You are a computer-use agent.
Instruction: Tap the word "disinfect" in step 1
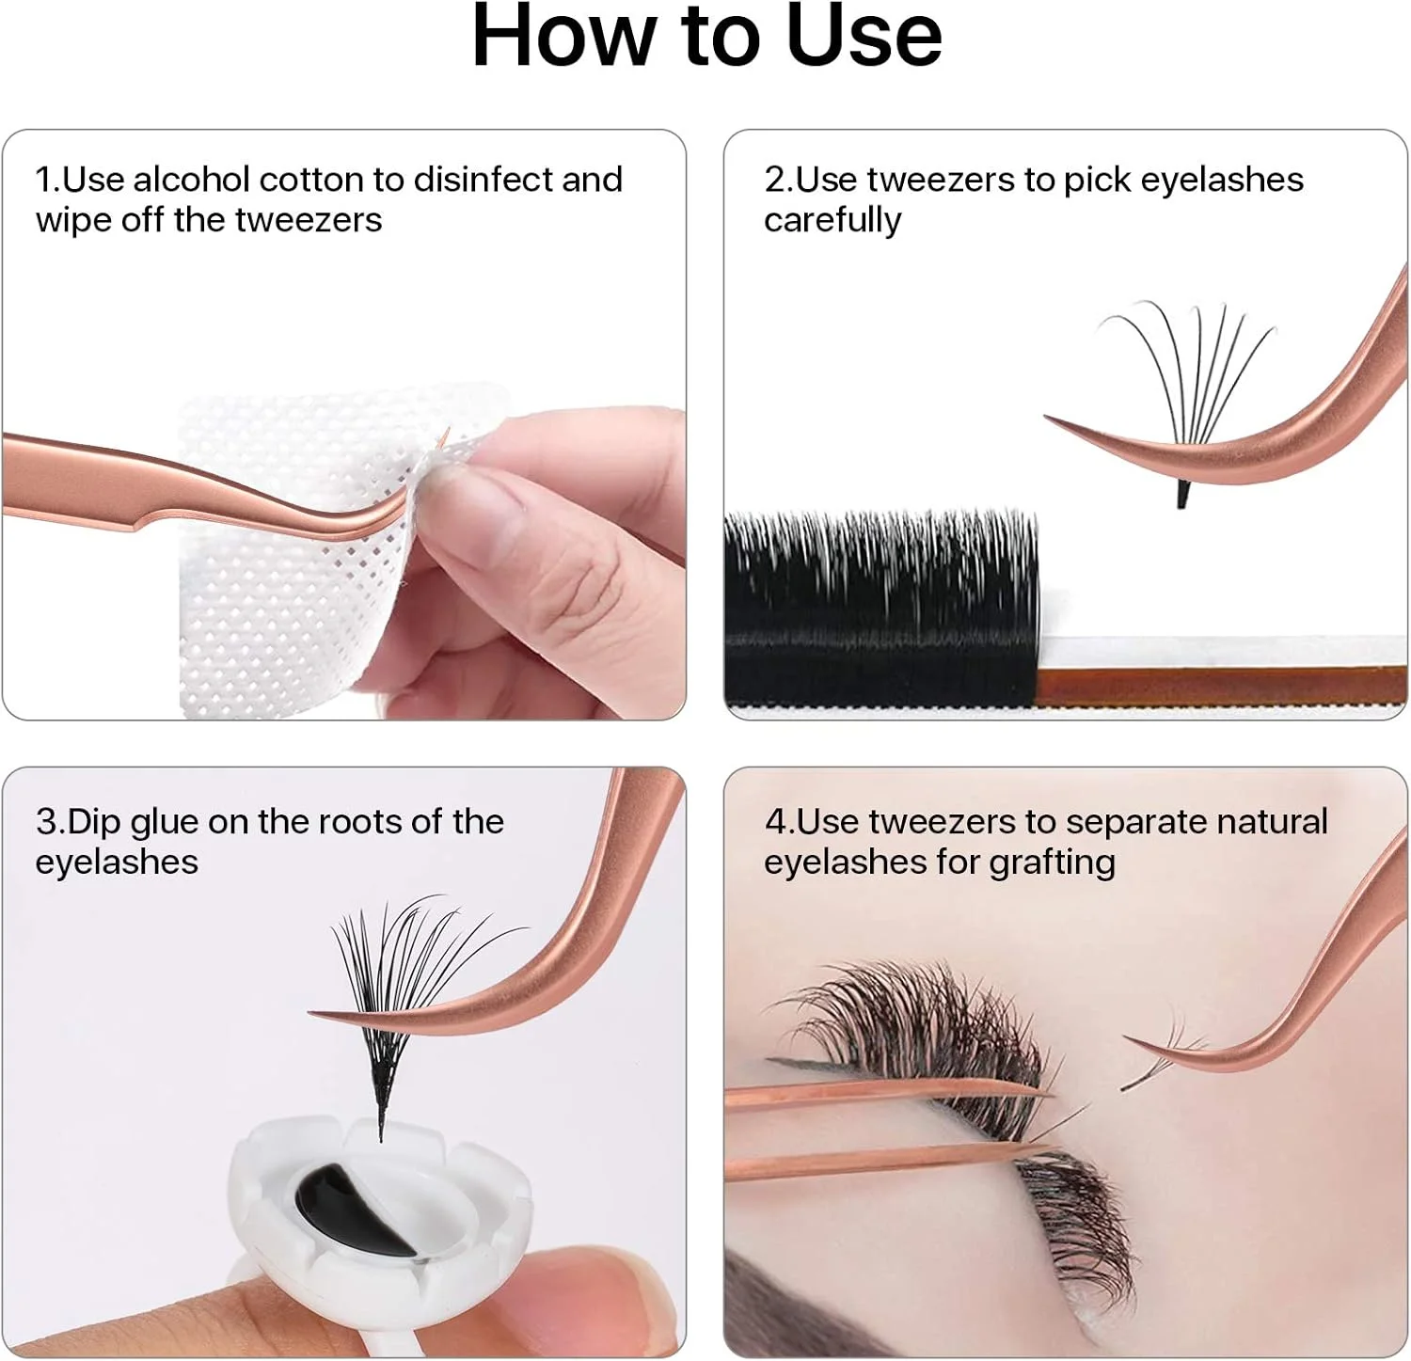click(482, 179)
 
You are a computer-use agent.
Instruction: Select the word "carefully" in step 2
click(832, 221)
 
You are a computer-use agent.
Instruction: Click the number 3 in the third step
click(46, 822)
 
